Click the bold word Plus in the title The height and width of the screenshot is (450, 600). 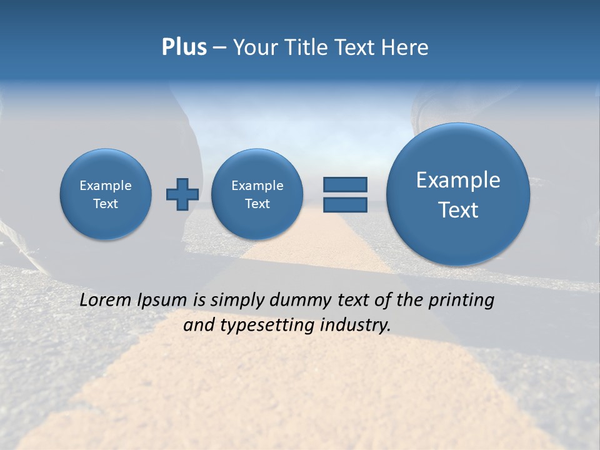pos(184,47)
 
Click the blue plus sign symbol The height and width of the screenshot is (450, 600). pos(182,194)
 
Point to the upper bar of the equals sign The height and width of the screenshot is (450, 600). pos(345,184)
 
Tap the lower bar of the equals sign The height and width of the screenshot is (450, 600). pos(345,205)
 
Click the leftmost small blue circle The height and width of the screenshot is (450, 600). pos(106,194)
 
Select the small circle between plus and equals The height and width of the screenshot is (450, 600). pos(257,194)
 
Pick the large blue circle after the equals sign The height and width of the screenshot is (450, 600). pos(458,194)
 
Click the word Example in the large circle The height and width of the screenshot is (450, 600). pos(458,180)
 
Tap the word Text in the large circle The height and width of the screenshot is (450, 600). pos(458,210)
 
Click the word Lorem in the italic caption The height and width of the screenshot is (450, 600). pos(106,300)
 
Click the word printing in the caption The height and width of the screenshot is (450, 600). pos(462,301)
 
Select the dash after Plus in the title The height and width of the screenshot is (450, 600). pos(219,48)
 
